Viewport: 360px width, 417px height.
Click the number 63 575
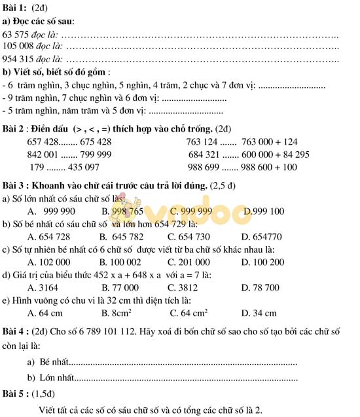click(18, 34)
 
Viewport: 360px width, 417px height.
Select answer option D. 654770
click(261, 236)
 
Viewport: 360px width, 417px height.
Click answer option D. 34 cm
click(259, 313)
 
